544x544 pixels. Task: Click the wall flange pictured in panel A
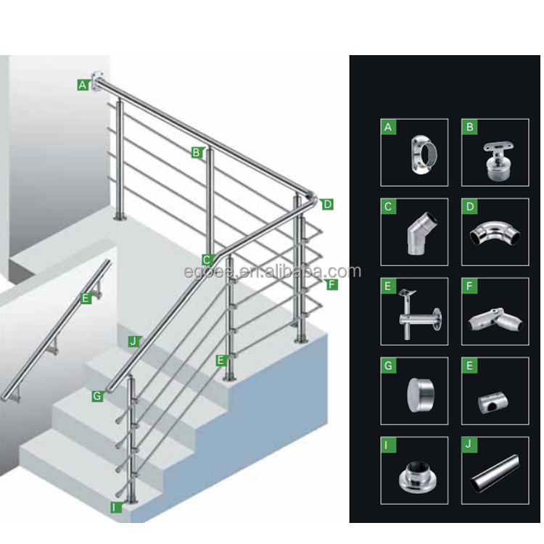423,154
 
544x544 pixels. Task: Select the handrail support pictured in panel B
499,160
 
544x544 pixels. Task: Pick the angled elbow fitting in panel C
421,234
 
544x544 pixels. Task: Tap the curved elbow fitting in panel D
495,234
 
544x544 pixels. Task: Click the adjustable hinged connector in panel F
495,320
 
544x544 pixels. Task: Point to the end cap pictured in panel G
421,395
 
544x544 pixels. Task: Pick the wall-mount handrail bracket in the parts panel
419,313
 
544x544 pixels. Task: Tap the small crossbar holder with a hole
493,403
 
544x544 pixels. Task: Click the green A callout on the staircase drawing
83,85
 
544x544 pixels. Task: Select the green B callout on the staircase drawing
197,152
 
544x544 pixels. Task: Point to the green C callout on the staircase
207,260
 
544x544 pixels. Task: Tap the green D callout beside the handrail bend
327,205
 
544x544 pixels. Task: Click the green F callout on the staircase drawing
331,285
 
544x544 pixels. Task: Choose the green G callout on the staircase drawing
97,396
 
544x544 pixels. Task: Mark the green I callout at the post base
115,507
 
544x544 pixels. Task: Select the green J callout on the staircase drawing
133,342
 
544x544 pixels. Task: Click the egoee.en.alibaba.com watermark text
272,271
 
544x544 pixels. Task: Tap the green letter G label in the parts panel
388,366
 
